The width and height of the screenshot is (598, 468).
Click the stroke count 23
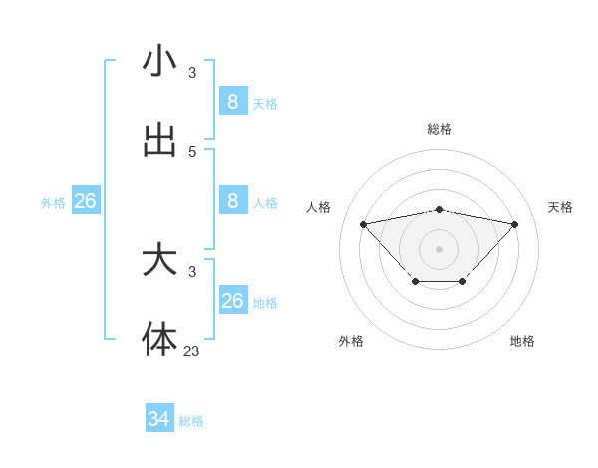pyautogui.click(x=192, y=351)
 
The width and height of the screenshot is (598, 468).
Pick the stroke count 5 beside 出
pyautogui.click(x=192, y=151)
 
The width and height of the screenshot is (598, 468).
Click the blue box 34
pyautogui.click(x=159, y=419)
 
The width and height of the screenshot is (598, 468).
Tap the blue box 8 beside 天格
pyautogui.click(x=232, y=101)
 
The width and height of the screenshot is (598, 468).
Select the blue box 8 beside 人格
pyautogui.click(x=232, y=201)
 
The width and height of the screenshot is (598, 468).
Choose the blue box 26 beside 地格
pyautogui.click(x=232, y=300)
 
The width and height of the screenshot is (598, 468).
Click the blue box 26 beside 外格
pyautogui.click(x=85, y=201)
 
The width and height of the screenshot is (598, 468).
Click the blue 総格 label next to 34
pyautogui.click(x=191, y=421)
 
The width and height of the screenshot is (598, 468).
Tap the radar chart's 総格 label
pyautogui.click(x=440, y=129)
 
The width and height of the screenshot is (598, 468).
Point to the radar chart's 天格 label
pyautogui.click(x=560, y=207)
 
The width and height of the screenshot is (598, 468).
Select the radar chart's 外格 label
pyautogui.click(x=351, y=341)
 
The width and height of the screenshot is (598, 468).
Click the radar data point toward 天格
pyautogui.click(x=514, y=224)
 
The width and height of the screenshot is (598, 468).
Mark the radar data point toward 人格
pyautogui.click(x=363, y=224)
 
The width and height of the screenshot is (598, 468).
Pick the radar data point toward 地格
pyautogui.click(x=463, y=282)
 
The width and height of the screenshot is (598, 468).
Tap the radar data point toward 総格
pyautogui.click(x=440, y=209)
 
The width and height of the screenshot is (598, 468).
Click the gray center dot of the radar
pyautogui.click(x=440, y=248)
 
